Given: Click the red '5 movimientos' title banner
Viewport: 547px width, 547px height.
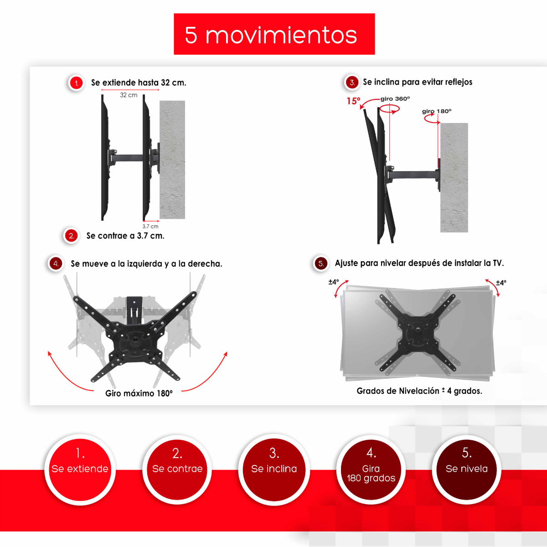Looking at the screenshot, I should pos(274,34).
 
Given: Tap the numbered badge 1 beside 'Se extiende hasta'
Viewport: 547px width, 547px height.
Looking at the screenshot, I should pos(77,83).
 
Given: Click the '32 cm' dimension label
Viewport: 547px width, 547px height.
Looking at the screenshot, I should pos(129,95).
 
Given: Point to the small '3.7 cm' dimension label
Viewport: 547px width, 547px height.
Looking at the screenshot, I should pos(150,226).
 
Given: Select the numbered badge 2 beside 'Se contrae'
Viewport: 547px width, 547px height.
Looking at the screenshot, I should pos(71,236).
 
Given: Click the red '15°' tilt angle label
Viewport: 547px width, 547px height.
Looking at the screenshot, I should pos(353,101).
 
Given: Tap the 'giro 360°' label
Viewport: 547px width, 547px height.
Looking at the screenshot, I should pos(395,98).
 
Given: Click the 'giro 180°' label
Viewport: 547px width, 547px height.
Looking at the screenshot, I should pos(437,111).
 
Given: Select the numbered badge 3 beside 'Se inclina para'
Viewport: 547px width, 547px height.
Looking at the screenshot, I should pos(352,83).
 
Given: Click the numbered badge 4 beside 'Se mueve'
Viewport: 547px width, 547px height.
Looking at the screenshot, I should pos(56,263).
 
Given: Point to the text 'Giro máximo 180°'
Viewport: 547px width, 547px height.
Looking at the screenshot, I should pos(139,393).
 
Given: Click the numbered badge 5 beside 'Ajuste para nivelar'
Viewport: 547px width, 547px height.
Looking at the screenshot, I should pos(321,263).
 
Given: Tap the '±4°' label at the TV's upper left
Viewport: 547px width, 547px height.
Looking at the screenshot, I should pos(334,282).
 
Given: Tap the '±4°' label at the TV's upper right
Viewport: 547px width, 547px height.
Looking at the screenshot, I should pos(501,283).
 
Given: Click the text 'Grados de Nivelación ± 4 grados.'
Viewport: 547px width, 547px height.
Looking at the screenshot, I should pos(419,391).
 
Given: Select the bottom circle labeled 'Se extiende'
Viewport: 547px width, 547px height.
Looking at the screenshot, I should pos(80,470).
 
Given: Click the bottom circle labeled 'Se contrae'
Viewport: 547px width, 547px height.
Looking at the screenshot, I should pos(177,470).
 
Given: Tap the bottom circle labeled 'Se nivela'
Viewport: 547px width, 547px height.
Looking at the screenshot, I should pos(467,470).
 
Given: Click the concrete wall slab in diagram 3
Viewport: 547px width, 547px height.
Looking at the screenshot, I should pos(454,178).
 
